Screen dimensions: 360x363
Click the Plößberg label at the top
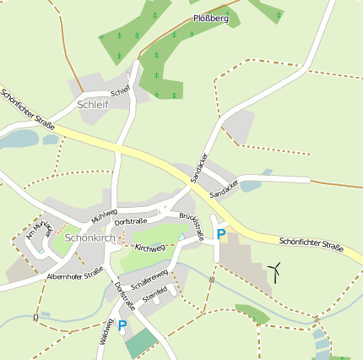click(x=210, y=17)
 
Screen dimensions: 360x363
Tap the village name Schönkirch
click(x=89, y=238)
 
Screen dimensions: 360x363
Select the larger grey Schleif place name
click(x=93, y=105)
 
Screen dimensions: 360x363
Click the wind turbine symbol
click(x=274, y=271)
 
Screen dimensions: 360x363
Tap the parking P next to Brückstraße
click(x=221, y=234)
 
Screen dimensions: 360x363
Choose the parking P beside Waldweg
click(x=122, y=325)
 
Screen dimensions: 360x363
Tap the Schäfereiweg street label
click(x=150, y=278)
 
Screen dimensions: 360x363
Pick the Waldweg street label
click(x=106, y=332)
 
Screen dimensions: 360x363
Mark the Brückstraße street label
click(x=192, y=226)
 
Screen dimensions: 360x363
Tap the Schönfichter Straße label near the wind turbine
click(x=311, y=246)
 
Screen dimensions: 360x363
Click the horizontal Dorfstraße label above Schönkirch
click(x=131, y=221)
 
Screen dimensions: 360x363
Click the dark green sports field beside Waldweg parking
click(x=142, y=342)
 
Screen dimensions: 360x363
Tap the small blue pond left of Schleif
click(x=19, y=139)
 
